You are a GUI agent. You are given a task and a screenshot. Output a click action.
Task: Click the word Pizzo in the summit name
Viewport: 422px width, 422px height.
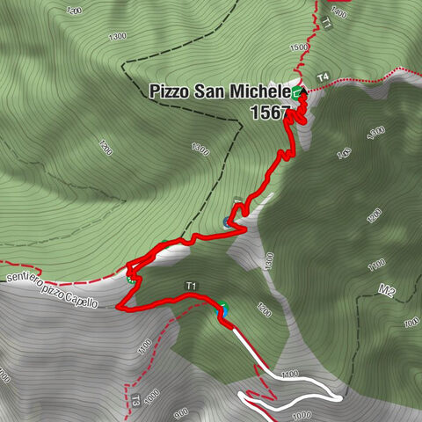click(x=168, y=91)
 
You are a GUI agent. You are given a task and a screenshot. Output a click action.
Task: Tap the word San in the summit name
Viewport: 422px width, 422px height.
click(x=209, y=91)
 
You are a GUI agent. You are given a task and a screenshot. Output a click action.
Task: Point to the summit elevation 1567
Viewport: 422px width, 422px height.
click(x=269, y=113)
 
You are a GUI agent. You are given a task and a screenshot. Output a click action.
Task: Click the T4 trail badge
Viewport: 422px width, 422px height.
click(x=323, y=77)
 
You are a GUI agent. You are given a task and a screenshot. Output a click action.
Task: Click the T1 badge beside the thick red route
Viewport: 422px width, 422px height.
click(x=191, y=286)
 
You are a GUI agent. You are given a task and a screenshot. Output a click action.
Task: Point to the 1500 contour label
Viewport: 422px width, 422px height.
click(x=298, y=47)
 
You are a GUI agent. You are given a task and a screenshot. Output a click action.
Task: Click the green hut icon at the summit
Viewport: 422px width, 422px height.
click(x=297, y=91)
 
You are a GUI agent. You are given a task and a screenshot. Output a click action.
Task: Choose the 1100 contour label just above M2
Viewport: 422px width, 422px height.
click(x=376, y=263)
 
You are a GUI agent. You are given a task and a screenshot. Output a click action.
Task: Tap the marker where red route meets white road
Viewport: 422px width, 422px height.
click(x=225, y=309)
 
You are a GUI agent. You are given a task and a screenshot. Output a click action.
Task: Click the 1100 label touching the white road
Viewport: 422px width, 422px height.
click(x=287, y=374)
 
